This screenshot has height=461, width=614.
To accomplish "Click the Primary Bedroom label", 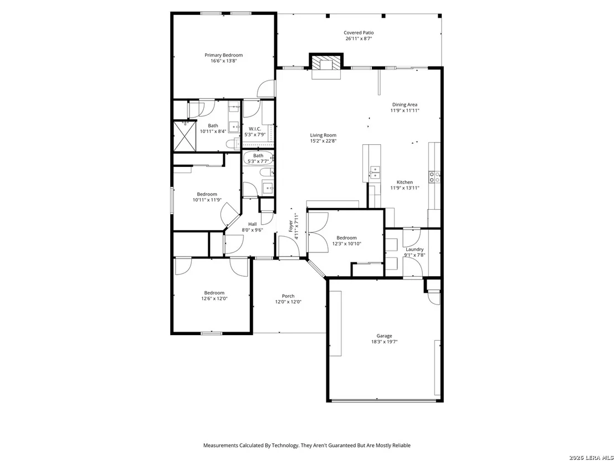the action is point(223,55).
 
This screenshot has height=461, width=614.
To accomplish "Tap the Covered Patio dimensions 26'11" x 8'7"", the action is point(359,39).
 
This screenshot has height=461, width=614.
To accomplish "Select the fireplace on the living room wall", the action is point(326,63).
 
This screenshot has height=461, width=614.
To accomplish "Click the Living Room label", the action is point(323,135).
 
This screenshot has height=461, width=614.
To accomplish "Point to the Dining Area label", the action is point(405,105).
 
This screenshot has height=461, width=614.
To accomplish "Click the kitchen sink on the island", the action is point(375,172).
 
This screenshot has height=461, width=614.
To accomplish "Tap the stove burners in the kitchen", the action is point(434,177).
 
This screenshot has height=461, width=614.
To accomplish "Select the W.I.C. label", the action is point(255,129).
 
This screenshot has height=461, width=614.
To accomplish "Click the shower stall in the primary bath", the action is point(185,135).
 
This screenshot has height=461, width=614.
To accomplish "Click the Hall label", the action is point(252,224).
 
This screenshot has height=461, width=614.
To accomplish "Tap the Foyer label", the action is point(291,226).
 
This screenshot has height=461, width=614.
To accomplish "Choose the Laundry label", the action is point(415,249).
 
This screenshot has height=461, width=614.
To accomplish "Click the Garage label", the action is point(384,336).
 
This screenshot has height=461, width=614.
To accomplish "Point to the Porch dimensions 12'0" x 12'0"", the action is point(288,302).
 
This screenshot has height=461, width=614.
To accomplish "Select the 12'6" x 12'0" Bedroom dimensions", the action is point(214,298).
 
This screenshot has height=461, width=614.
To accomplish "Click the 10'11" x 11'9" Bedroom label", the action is point(207,194).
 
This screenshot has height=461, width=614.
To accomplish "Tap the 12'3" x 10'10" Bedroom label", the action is point(346,238).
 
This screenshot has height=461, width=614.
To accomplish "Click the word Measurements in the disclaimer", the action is point(221,445).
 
